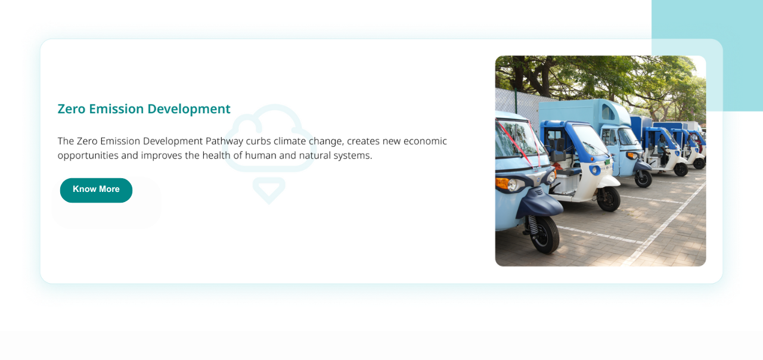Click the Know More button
click(96, 190)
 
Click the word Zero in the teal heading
click(71, 109)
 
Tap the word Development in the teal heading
click(189, 109)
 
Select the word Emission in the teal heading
click(116, 109)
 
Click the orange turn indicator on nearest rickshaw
click(502, 183)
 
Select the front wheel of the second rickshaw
click(609, 199)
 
